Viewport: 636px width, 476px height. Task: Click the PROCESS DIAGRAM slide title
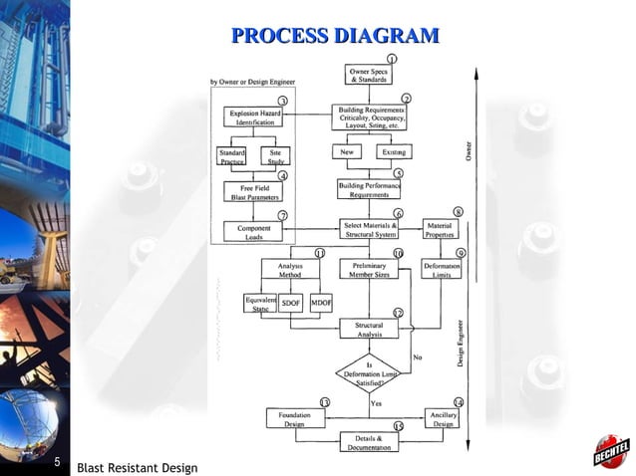(335, 37)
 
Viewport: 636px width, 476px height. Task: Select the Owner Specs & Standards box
(369, 75)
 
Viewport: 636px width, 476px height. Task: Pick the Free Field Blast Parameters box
(253, 191)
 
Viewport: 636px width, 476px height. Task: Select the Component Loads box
(253, 232)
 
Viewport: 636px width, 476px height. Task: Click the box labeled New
(348, 152)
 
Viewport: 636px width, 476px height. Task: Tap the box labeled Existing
(392, 152)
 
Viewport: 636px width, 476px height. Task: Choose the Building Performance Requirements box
(369, 189)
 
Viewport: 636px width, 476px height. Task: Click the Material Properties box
(439, 230)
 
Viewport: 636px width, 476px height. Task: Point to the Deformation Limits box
(442, 271)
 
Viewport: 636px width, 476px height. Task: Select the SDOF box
(290, 303)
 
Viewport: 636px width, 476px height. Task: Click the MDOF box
(321, 303)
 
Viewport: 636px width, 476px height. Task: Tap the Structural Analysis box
(369, 329)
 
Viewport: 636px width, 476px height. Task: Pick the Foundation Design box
(294, 418)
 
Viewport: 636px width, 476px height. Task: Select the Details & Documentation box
(369, 442)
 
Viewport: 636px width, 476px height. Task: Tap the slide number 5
(58, 462)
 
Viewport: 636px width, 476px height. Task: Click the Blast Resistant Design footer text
(137, 467)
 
